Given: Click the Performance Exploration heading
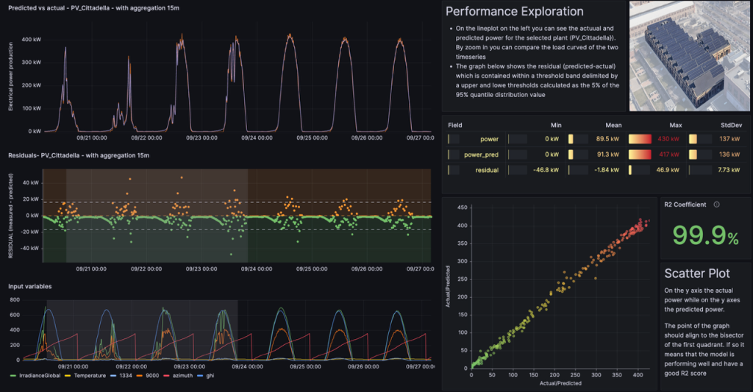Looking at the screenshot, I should click(514, 11).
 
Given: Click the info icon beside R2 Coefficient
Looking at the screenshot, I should click(716, 204).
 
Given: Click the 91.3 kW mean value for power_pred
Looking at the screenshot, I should click(607, 154).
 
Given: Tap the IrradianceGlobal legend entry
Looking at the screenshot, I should click(38, 376).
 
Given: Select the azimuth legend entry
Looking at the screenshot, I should click(190, 376).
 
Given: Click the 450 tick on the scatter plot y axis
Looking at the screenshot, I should click(462, 207).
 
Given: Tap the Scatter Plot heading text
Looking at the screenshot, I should click(697, 274).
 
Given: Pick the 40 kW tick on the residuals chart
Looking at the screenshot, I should click(32, 182).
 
